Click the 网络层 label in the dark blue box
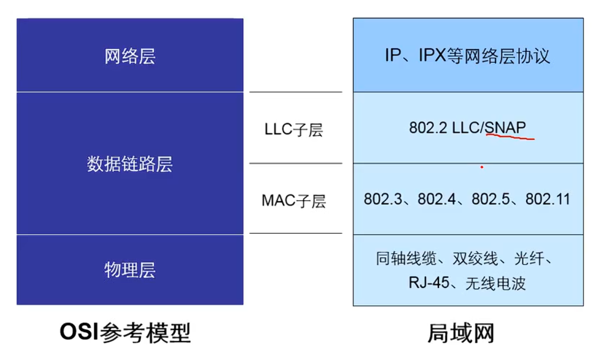130,57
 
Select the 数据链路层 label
130,164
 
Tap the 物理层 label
130,270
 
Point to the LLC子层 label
294,130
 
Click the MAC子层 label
294,201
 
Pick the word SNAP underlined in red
505,128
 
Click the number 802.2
428,128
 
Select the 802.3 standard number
383,199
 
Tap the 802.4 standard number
437,199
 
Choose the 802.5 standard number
491,199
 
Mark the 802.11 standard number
548,199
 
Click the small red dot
482,167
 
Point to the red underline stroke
510,137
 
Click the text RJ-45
429,282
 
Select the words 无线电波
496,283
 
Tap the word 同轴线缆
406,259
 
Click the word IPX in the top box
432,55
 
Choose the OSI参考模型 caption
125,333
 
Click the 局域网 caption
461,333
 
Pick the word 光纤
529,259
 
